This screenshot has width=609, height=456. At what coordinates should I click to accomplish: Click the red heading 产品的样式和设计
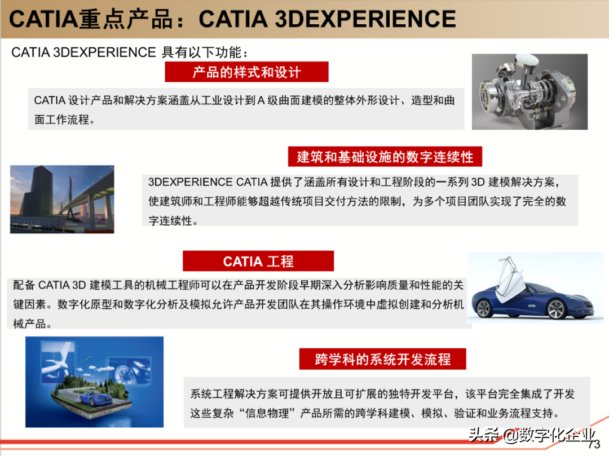tap(246, 72)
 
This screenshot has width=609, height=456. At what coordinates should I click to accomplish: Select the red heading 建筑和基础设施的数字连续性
tap(385, 156)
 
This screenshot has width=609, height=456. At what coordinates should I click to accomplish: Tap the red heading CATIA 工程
tap(258, 262)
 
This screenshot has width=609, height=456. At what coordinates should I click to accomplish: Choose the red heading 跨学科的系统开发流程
tap(382, 359)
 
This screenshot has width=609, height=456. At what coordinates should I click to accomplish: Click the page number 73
tap(595, 445)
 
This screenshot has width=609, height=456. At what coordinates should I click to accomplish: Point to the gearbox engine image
tap(529, 91)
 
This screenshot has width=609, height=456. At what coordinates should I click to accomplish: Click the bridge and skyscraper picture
tap(62, 199)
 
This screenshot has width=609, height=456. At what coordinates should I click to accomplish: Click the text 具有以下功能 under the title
tap(201, 53)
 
